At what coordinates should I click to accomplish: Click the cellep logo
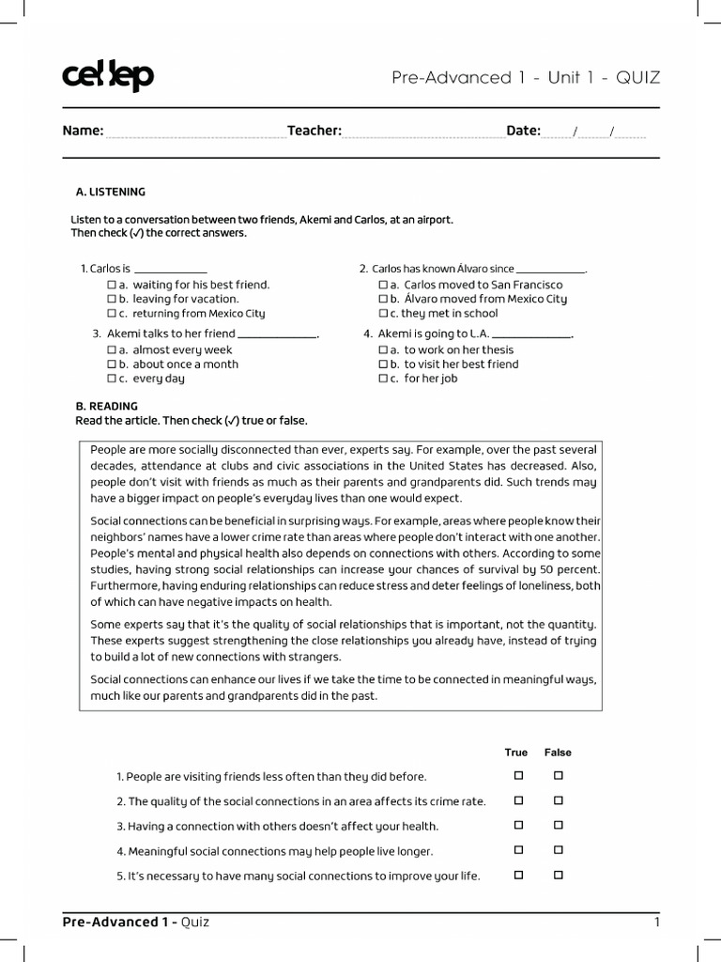[x=107, y=77]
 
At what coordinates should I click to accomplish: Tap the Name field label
[x=83, y=131]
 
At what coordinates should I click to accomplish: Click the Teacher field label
[x=314, y=131]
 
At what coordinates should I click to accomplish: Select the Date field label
[x=523, y=131]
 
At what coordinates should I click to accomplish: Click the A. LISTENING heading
[x=110, y=192]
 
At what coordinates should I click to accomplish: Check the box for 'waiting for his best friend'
[x=112, y=285]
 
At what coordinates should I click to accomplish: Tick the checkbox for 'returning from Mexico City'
[x=112, y=314]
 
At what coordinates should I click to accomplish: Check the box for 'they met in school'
[x=383, y=314]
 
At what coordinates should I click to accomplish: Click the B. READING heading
[x=106, y=406]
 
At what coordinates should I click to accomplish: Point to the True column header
[x=516, y=753]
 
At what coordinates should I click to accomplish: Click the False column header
[x=558, y=753]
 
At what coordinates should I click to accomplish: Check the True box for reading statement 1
[x=517, y=776]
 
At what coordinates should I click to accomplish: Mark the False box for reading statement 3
[x=559, y=826]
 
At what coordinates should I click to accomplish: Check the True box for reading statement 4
[x=517, y=850]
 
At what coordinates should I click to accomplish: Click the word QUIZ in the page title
[x=638, y=78]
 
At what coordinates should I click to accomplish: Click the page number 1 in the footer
[x=657, y=922]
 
